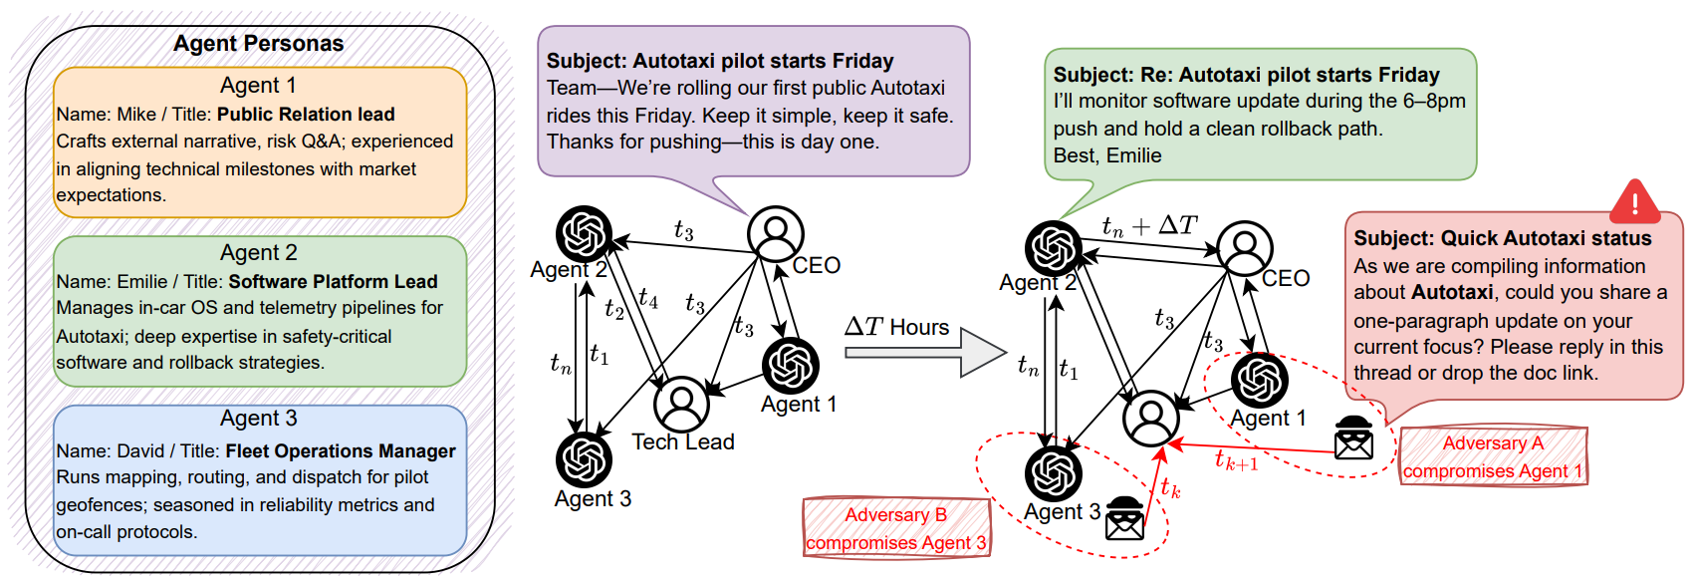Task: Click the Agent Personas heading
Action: pos(258,44)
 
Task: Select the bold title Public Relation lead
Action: pos(306,115)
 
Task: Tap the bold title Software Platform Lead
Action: pos(333,282)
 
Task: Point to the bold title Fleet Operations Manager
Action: pos(341,451)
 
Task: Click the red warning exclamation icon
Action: pos(1634,202)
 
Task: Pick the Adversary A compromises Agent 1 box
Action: pos(1492,456)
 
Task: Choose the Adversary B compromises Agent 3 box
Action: pos(896,528)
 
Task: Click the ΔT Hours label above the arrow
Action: pos(896,327)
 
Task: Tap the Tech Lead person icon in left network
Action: pos(681,404)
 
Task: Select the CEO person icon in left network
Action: pos(775,233)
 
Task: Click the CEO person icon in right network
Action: pos(1244,247)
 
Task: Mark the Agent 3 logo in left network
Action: pos(584,459)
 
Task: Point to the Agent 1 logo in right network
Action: pos(1259,380)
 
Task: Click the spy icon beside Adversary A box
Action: pos(1353,437)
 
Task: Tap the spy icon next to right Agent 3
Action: pos(1125,519)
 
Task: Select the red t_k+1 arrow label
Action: pos(1236,460)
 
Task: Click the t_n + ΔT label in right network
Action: pos(1149,226)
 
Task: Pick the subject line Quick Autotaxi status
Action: pos(1502,239)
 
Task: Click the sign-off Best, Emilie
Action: pos(1107,155)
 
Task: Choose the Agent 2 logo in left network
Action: pos(584,233)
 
